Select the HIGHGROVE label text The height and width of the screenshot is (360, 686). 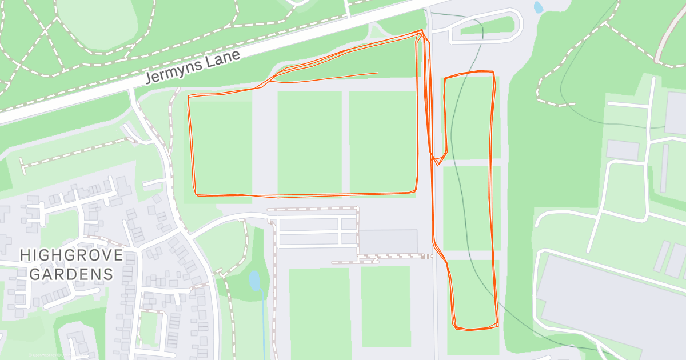click(x=71, y=255)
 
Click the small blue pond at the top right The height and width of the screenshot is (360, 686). click(x=538, y=7)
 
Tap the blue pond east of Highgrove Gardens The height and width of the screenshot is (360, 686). click(x=254, y=281)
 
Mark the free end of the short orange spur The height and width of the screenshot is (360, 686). click(x=377, y=73)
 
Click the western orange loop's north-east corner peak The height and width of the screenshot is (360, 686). click(x=422, y=31)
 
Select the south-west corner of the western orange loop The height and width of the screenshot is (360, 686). click(x=197, y=194)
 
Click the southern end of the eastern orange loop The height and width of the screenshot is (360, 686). click(x=474, y=329)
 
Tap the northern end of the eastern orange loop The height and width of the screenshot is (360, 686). click(x=469, y=73)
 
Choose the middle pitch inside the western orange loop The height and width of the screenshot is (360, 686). click(x=309, y=142)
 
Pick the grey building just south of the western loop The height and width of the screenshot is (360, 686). click(x=388, y=241)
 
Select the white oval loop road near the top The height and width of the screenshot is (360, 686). click(x=486, y=29)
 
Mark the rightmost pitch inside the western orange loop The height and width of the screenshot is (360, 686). click(x=382, y=142)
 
